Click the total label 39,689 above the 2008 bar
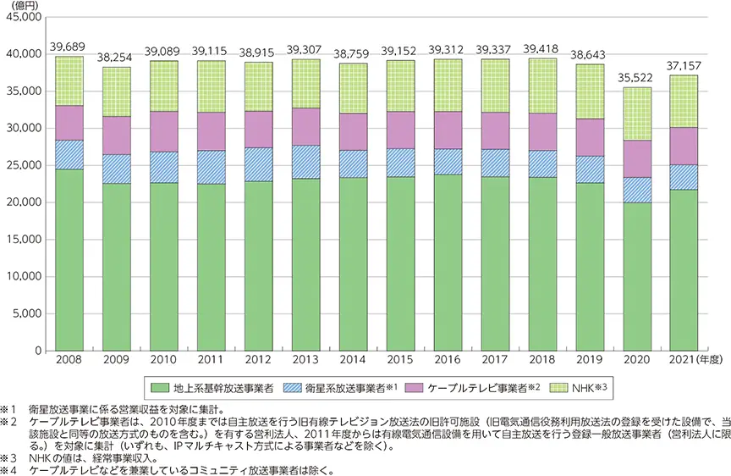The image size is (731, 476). click(69, 46)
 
